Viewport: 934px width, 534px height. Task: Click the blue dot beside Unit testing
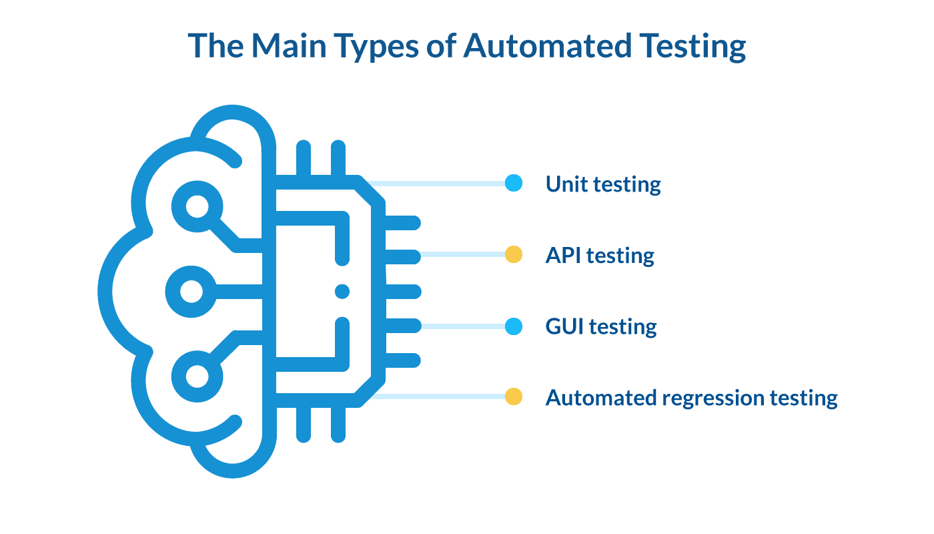513,183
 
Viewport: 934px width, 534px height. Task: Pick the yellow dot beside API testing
513,254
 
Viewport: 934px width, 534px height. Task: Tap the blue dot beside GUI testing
513,326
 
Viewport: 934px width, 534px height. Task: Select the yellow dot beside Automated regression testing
513,397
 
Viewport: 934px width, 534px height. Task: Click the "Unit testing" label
603,184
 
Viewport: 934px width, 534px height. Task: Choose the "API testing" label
600,255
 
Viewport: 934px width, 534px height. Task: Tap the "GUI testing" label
601,326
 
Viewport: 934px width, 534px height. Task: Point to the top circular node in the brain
196,207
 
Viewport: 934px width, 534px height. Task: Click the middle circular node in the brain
191,292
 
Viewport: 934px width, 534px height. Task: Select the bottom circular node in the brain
196,376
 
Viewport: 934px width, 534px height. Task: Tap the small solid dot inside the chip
342,291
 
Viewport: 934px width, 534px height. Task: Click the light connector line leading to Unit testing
440,183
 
